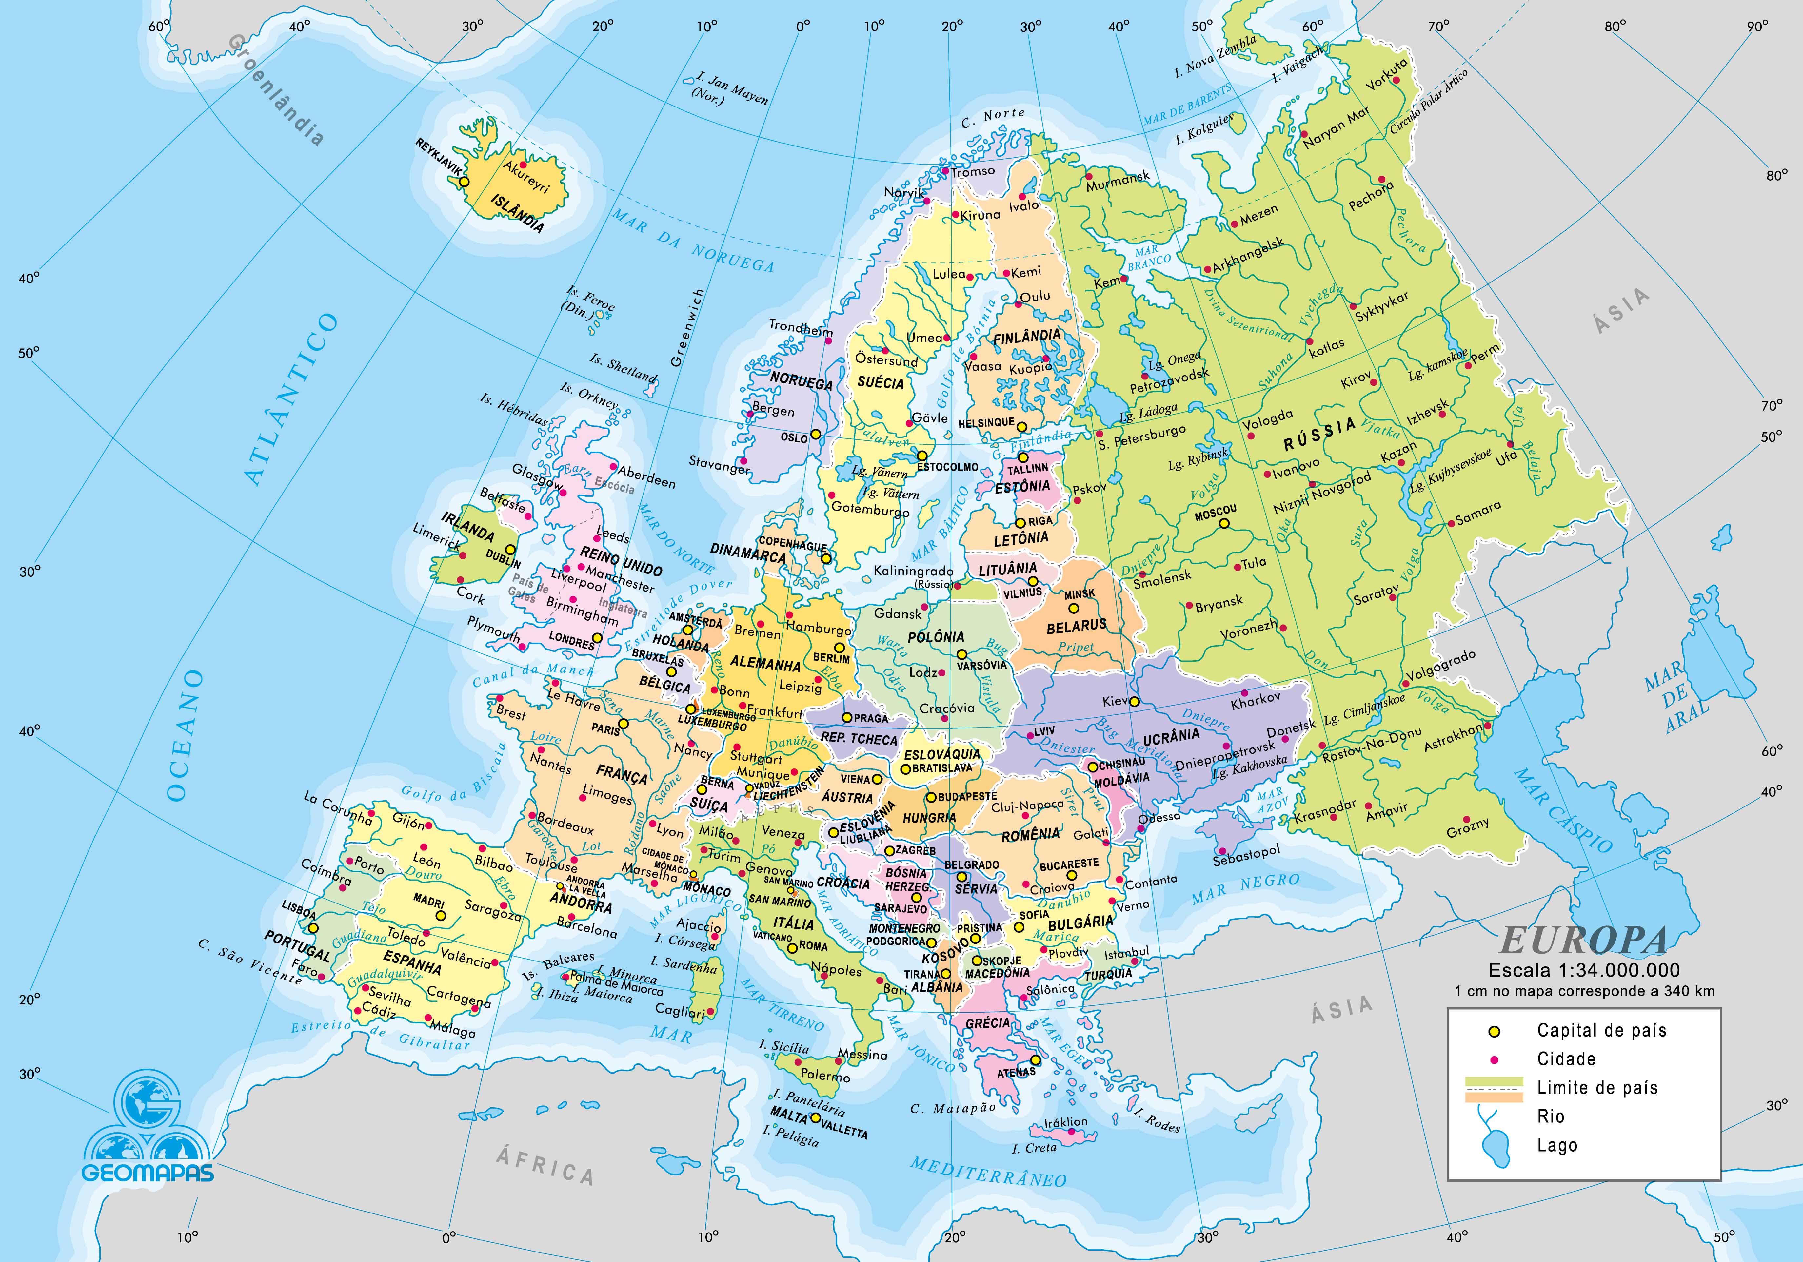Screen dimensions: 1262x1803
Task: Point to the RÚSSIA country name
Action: pyautogui.click(x=1319, y=433)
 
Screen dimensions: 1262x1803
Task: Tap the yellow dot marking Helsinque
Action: pyautogui.click(x=1022, y=427)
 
